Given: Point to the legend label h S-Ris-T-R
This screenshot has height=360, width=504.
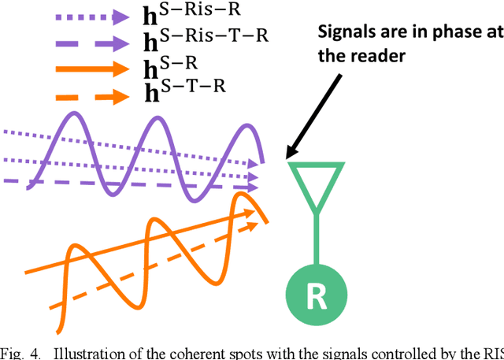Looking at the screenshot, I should pos(197,42).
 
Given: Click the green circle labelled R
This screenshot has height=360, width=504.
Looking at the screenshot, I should pos(316,295).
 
